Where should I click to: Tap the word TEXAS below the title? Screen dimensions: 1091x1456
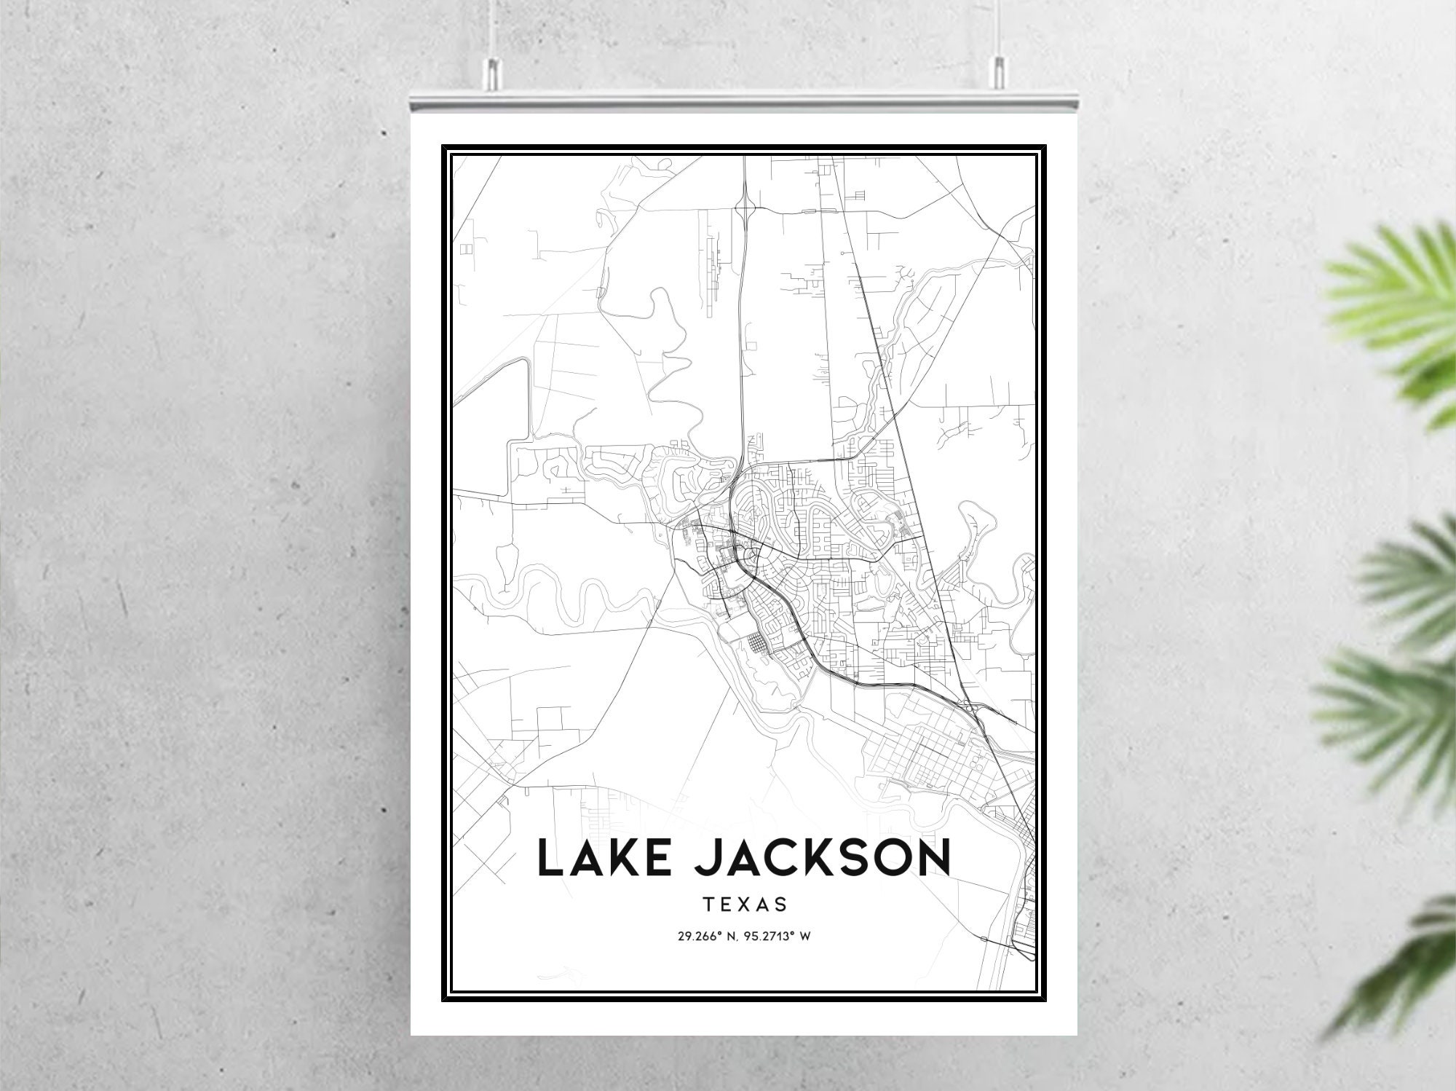(x=745, y=905)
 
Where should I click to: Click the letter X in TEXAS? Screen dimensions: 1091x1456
(x=745, y=905)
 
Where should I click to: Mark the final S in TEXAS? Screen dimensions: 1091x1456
(x=781, y=905)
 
